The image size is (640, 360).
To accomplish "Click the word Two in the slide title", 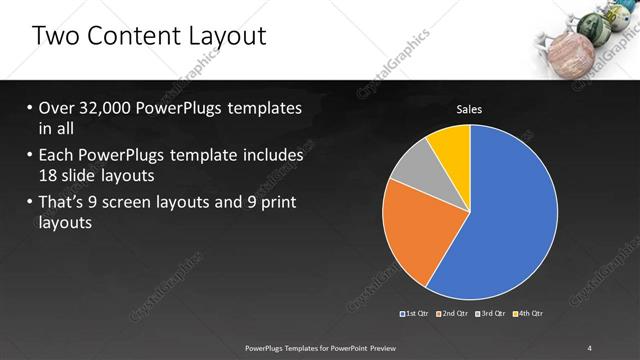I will pyautogui.click(x=56, y=37).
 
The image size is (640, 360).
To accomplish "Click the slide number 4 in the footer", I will pyautogui.click(x=589, y=347).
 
